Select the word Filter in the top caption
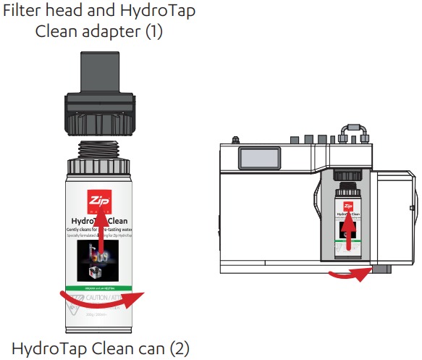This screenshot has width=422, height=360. [x=25, y=12]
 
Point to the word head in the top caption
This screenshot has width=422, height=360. [x=65, y=12]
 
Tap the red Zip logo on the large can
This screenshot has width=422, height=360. [x=98, y=200]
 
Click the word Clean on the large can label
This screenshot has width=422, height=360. [x=119, y=220]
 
